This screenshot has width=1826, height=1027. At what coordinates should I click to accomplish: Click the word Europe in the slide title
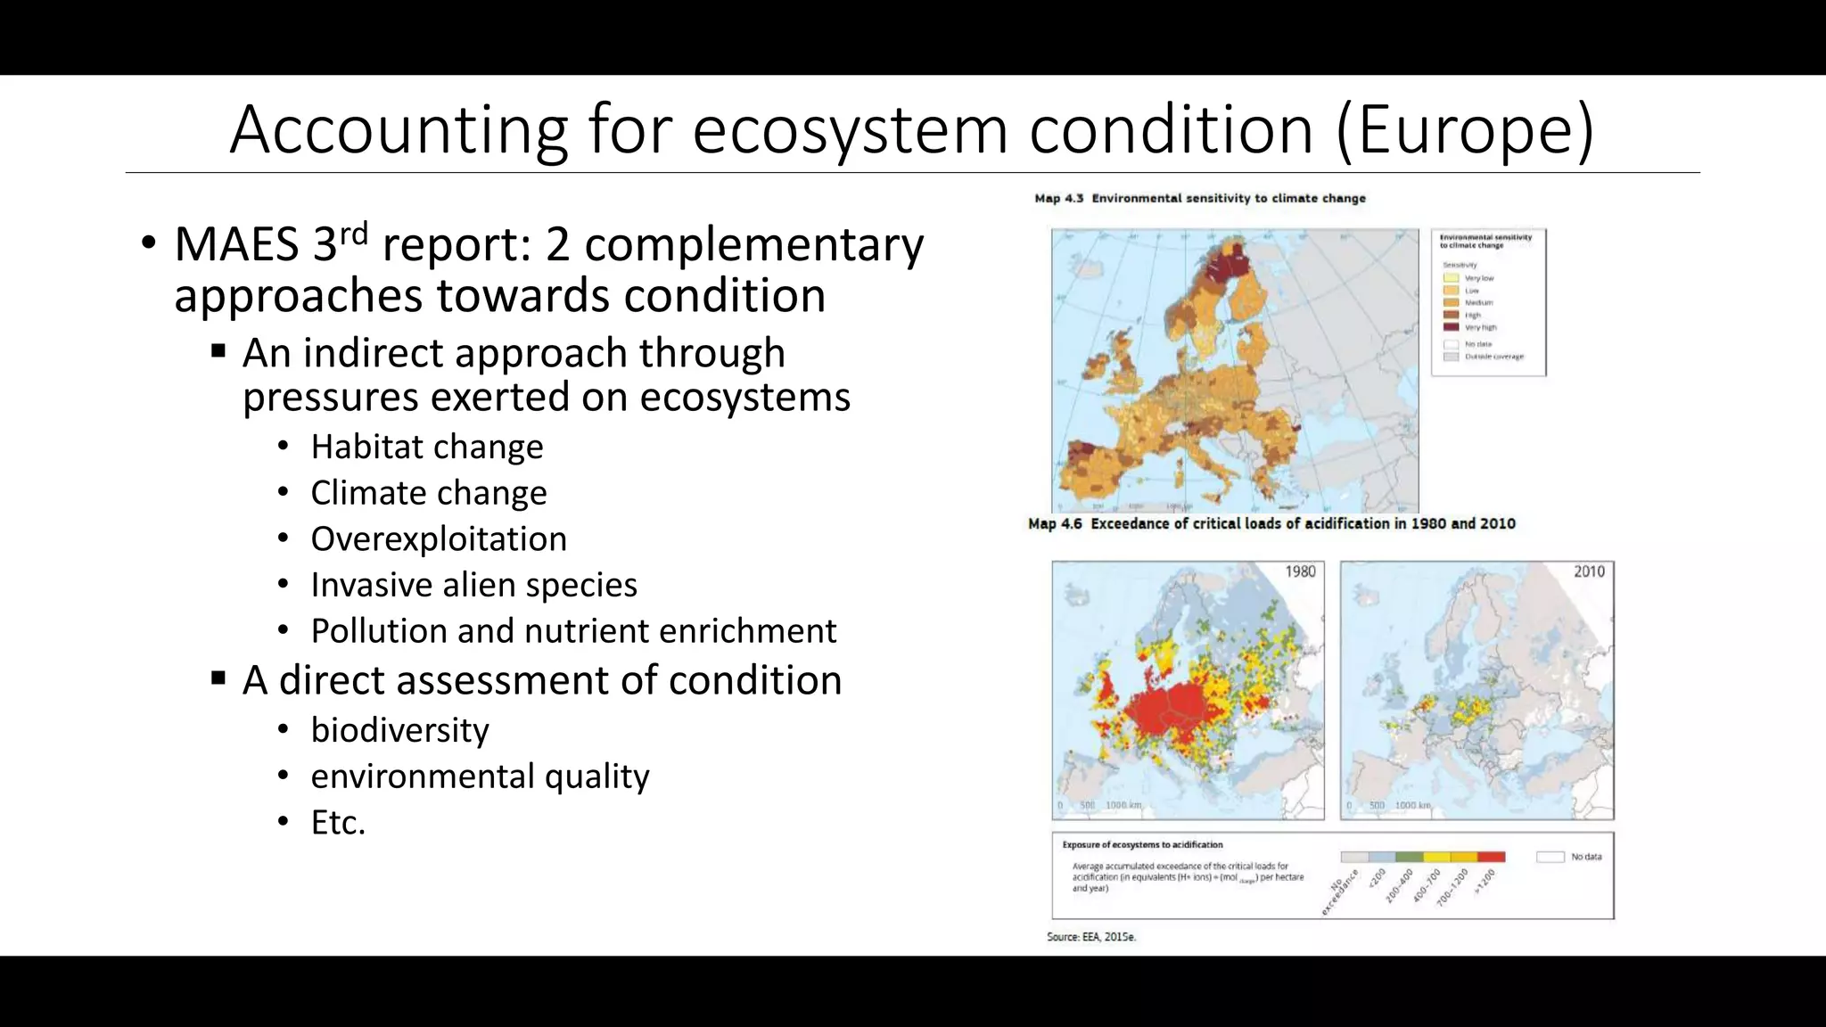pos(1464,130)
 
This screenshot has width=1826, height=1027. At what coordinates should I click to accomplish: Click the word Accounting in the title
pos(399,130)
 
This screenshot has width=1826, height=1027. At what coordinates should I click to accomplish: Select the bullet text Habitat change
pos(426,447)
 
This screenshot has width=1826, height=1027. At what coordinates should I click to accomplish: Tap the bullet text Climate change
pos(428,493)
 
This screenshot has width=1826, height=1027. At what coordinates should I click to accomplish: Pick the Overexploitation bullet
pos(438,539)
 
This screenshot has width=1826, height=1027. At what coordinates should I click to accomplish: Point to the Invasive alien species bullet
pos(473,585)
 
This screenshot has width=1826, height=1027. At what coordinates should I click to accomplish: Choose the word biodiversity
pos(399,730)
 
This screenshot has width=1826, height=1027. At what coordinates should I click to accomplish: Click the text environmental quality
pos(480,776)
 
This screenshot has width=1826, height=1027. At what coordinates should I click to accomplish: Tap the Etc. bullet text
pos(338,822)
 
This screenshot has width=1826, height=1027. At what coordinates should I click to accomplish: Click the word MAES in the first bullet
pos(236,244)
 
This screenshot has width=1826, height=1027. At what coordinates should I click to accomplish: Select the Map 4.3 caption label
pos(1058,198)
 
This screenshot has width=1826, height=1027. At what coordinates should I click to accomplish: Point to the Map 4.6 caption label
pos(1055,523)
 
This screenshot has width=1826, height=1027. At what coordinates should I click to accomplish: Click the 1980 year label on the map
pos(1300,571)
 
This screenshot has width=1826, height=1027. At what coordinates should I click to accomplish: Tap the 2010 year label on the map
pos(1589,571)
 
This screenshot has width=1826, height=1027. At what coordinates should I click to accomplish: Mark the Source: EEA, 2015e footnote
pos(1091,937)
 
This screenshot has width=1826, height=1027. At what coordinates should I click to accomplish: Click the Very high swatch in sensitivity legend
pos(1451,327)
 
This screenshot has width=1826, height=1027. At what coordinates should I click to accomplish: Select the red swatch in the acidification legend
pos(1492,857)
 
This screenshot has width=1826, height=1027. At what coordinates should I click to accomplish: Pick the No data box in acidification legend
pos(1550,857)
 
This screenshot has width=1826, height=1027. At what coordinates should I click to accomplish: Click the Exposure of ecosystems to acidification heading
pos(1142,844)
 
